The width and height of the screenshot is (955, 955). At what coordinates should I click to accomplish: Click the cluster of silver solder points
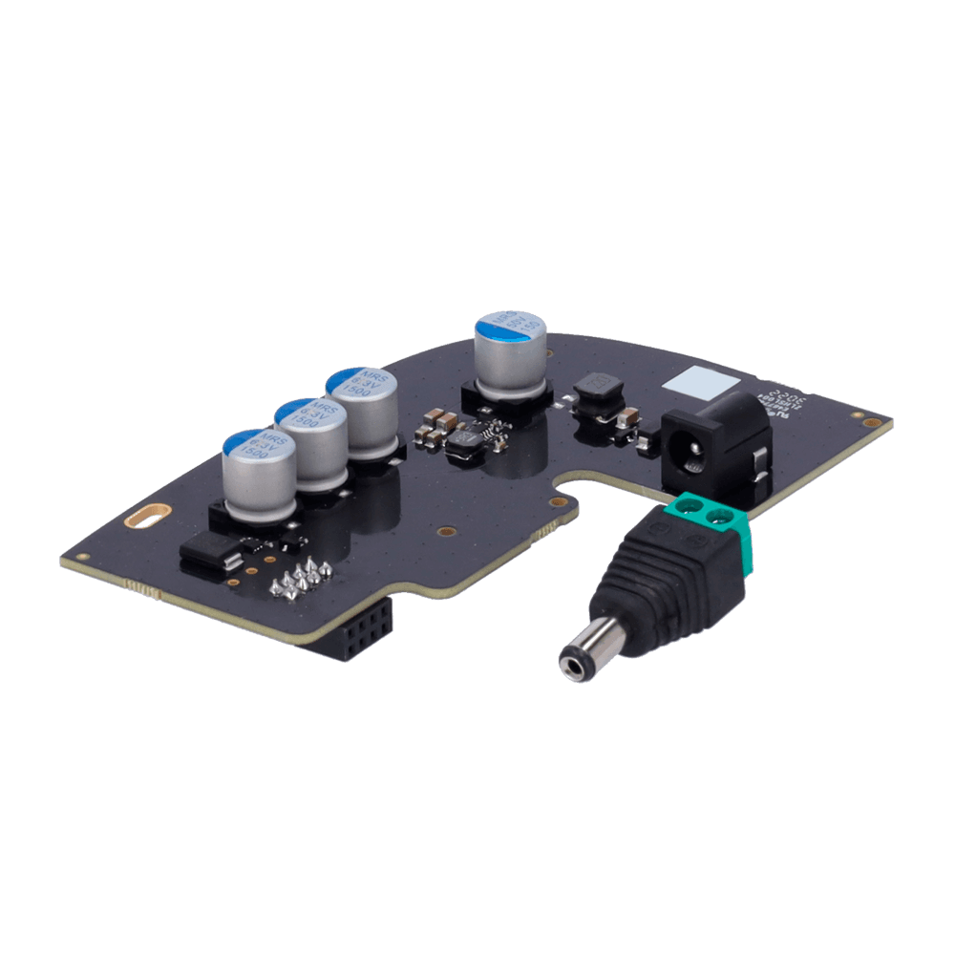(x=302, y=579)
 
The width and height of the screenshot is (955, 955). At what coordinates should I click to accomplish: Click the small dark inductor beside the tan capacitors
(x=469, y=441)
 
